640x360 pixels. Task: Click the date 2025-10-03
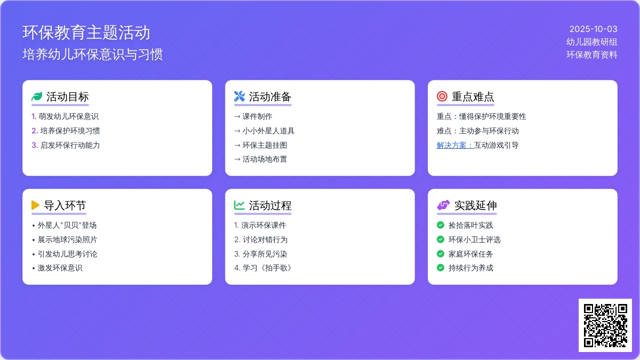[593, 29]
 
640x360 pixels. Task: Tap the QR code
[605, 325]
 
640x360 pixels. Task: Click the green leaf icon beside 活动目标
[37, 97]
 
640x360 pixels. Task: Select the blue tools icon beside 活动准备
[239, 97]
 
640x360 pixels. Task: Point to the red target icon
[442, 97]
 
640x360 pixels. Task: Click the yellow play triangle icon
[35, 205]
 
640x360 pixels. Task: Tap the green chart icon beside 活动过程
[239, 205]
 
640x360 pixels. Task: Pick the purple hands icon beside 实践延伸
[443, 205]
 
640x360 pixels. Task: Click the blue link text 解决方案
[455, 145]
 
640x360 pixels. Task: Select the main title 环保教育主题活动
[86, 33]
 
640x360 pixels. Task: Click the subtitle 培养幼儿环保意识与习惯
[93, 54]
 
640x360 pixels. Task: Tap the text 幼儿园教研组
[591, 42]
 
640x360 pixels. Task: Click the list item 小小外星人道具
[268, 131]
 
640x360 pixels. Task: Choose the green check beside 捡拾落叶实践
[441, 225]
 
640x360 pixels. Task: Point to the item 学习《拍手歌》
[267, 268]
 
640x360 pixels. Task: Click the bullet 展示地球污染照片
[67, 239]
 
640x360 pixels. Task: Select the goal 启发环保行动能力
[70, 145]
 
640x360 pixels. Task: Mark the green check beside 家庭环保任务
[441, 254]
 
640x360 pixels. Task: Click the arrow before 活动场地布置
[237, 159]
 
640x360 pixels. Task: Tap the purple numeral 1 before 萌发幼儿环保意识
[34, 117]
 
